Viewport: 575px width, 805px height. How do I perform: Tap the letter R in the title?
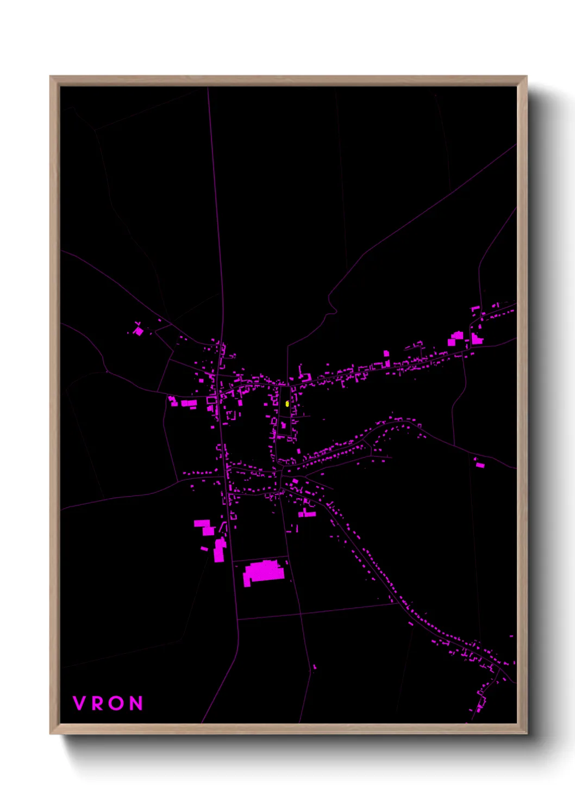coord(97,703)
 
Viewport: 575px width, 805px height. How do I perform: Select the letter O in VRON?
coord(116,703)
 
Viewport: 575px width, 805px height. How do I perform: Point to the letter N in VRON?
coord(136,703)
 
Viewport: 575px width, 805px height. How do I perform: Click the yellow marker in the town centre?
coord(287,404)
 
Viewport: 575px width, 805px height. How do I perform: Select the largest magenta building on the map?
coord(264,572)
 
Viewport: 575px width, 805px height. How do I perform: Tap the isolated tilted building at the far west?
coord(139,331)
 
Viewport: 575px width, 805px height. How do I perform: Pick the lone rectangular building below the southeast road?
coord(480,465)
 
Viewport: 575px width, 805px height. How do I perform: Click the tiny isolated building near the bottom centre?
coord(314,667)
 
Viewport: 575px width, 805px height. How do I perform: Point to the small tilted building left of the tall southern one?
coord(204,548)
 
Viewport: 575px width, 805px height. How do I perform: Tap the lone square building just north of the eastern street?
coord(386,354)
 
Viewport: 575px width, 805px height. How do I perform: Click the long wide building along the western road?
coord(189,403)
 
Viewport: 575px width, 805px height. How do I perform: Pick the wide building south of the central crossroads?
coord(307,513)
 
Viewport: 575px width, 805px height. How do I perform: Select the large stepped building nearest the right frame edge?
coord(477,339)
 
